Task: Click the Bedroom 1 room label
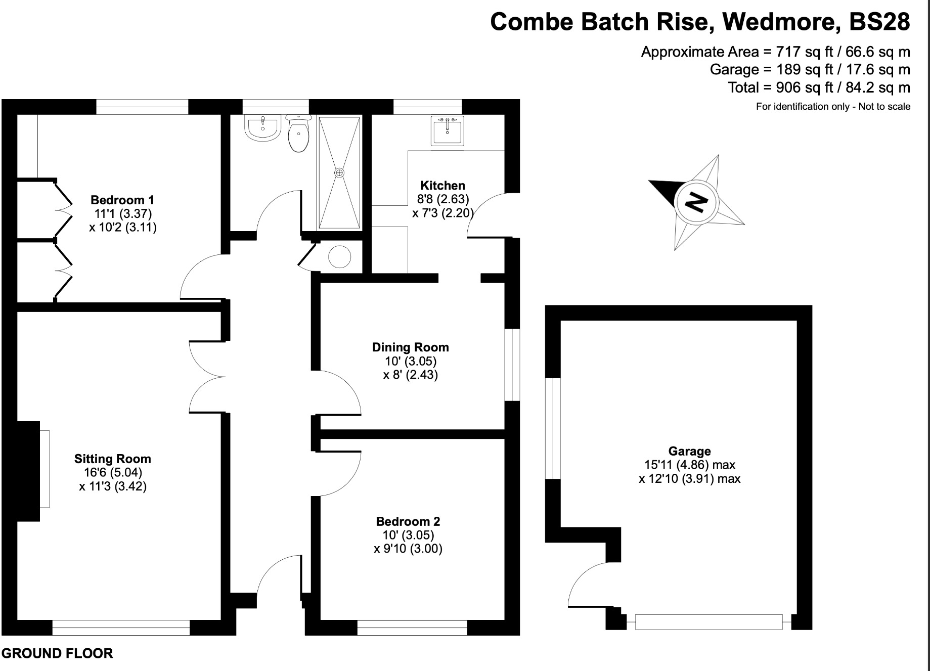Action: (x=122, y=200)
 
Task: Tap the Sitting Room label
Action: (x=112, y=459)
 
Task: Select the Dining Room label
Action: (x=410, y=347)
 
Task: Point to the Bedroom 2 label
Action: (x=408, y=521)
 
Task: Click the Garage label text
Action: (x=689, y=451)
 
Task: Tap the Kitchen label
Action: (x=442, y=186)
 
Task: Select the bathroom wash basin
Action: (x=262, y=127)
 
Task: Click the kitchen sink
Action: (x=447, y=131)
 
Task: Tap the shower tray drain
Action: (x=339, y=173)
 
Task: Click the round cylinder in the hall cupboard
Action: (x=339, y=257)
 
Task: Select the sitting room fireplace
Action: (x=29, y=470)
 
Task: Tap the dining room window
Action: (x=513, y=365)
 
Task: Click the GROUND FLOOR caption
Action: (x=58, y=653)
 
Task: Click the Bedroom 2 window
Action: (x=412, y=628)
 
